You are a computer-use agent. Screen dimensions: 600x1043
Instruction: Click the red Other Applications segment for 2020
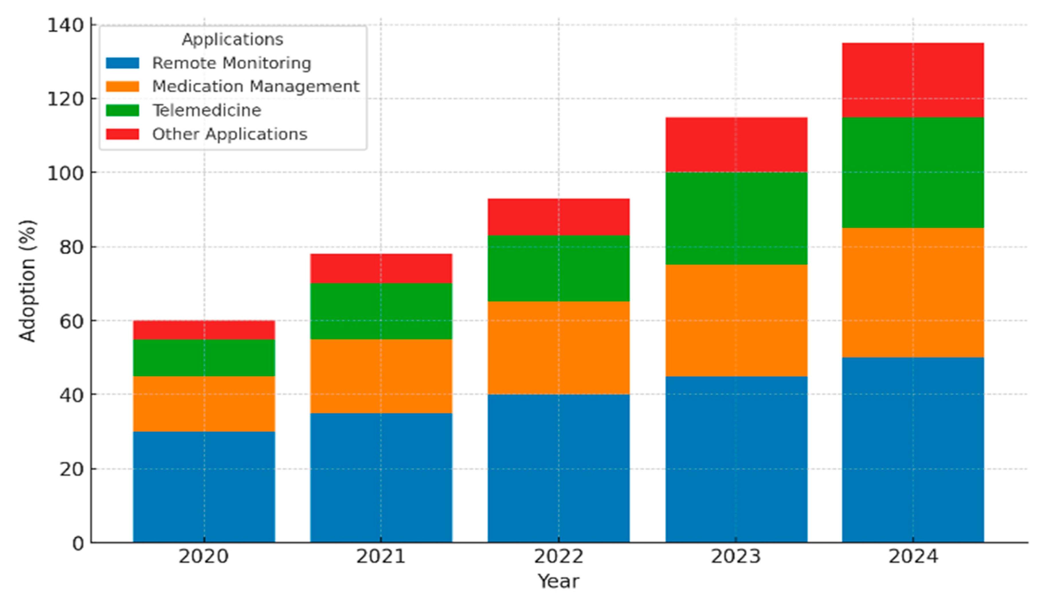pos(204,330)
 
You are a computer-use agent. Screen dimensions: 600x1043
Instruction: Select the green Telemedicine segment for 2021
pos(381,311)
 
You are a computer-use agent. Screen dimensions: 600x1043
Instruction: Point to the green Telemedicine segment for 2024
pos(913,173)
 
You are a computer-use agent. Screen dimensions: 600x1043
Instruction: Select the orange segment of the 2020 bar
pos(204,404)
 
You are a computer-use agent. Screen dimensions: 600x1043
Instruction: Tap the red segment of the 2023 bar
pos(736,145)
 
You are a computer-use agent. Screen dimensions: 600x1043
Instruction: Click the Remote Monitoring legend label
pos(231,63)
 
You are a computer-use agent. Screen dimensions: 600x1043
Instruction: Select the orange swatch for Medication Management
pos(122,86)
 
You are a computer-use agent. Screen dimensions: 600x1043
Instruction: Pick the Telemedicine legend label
pos(207,111)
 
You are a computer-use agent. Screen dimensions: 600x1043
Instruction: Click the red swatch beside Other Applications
pos(122,134)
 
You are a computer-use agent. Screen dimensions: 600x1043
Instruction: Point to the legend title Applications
pos(232,40)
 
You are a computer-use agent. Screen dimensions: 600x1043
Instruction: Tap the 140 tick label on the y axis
pos(66,25)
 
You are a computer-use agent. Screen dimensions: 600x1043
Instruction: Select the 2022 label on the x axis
pos(558,556)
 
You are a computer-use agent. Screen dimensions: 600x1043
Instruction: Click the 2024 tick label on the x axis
pos(913,556)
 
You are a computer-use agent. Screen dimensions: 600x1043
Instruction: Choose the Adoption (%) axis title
pos(28,281)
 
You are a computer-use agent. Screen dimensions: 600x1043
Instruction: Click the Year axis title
pos(558,581)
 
